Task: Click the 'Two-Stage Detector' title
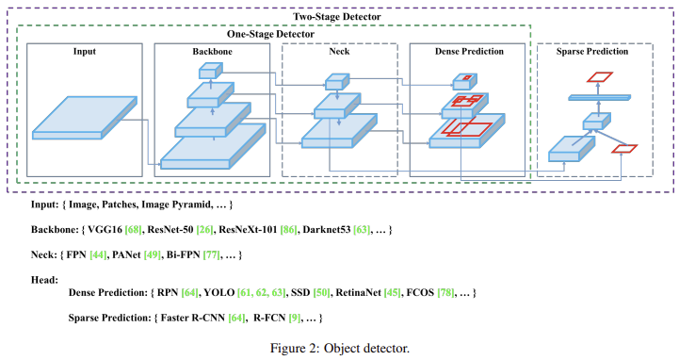tap(338, 16)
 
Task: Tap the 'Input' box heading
tap(84, 51)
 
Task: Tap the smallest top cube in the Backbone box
tap(209, 70)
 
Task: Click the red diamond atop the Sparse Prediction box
tap(599, 78)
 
